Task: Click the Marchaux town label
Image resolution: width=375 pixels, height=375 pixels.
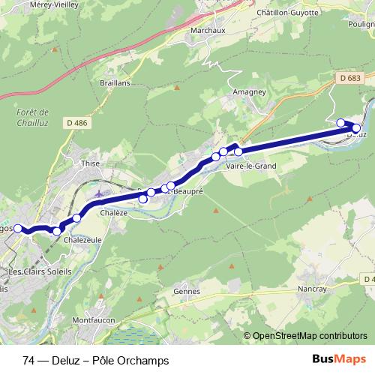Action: [x=209, y=31]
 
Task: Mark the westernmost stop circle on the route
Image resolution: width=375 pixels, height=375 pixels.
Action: [x=19, y=228]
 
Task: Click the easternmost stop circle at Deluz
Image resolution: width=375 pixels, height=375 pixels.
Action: [x=356, y=128]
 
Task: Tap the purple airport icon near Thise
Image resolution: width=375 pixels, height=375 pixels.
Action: [x=100, y=196]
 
